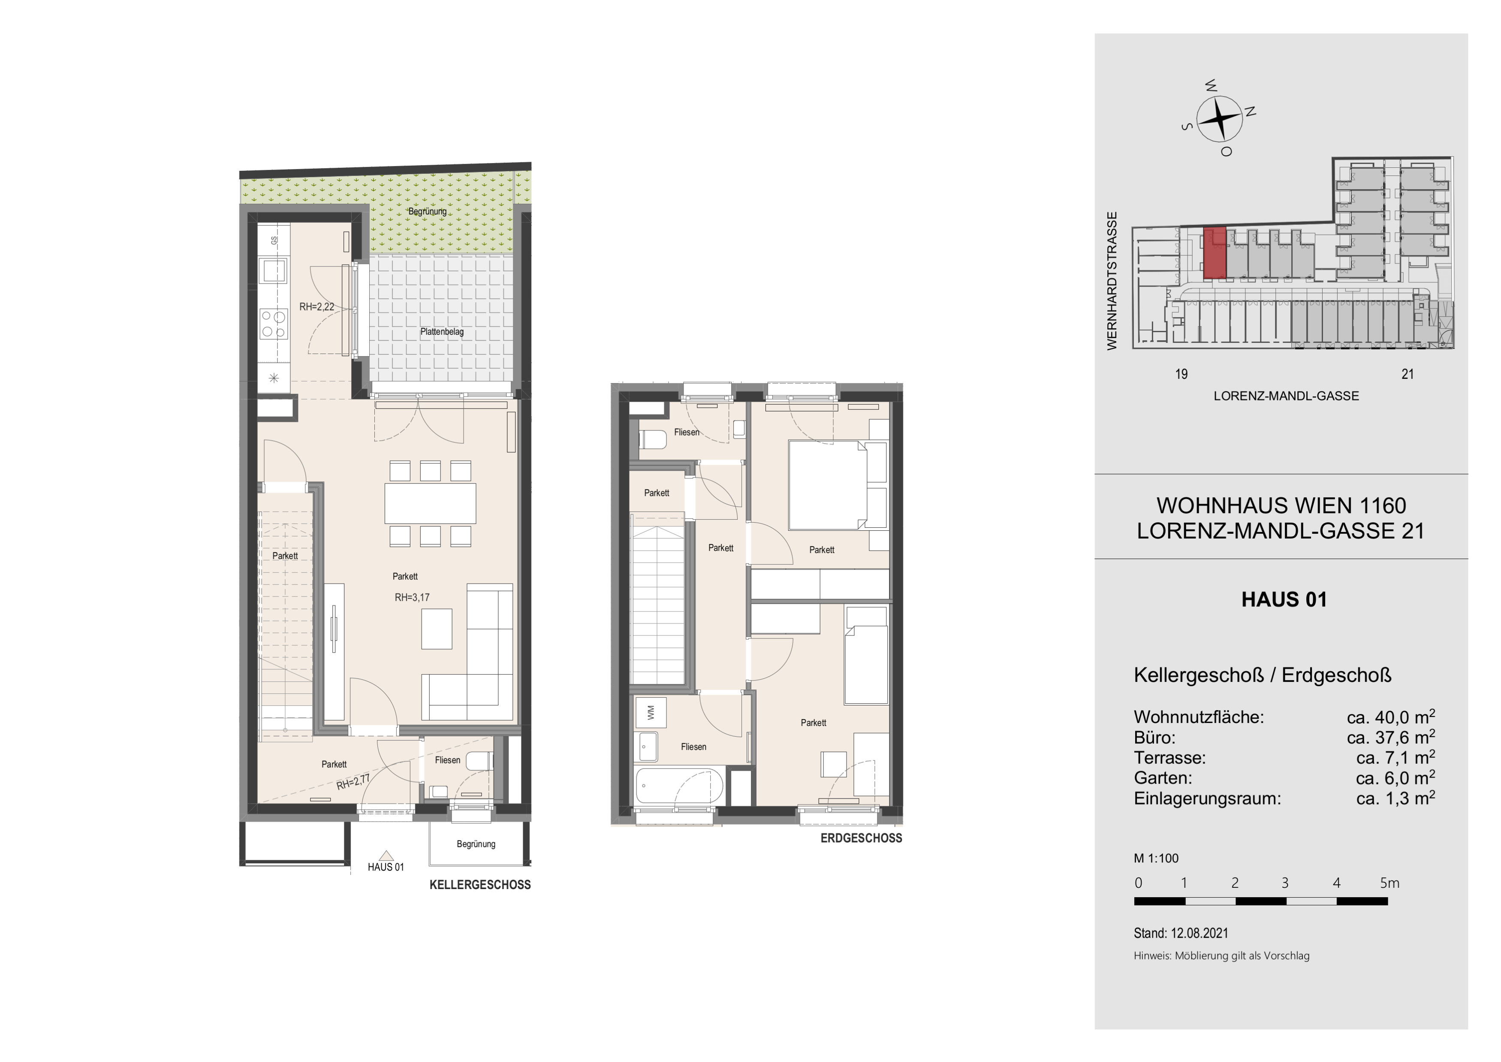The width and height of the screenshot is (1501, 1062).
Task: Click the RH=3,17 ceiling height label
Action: point(412,597)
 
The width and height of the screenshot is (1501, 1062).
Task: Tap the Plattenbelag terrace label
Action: point(442,332)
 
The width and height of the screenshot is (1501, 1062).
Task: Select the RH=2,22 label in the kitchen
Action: point(316,306)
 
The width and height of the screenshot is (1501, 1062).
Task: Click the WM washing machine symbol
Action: point(651,712)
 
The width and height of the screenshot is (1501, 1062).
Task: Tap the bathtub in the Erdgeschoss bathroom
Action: point(679,785)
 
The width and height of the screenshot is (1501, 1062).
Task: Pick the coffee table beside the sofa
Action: point(437,629)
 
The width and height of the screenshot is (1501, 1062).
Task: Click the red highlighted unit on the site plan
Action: point(1214,253)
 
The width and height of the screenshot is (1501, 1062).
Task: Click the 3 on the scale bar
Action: point(1284,883)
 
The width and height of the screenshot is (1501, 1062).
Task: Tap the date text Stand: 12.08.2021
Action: point(1181,933)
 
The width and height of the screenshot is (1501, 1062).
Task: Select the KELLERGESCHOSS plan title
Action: point(480,885)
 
